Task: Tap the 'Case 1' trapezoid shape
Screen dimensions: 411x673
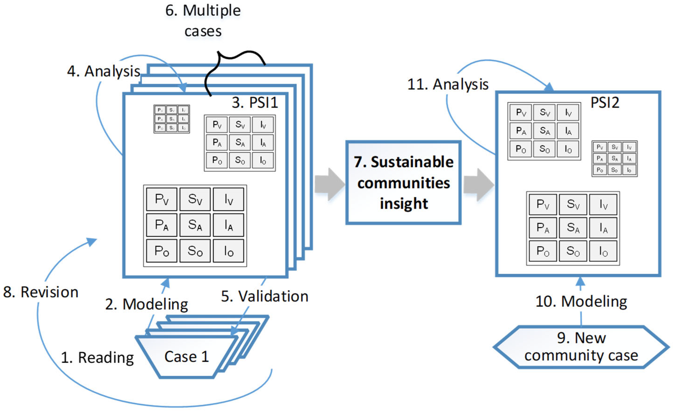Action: coord(187,357)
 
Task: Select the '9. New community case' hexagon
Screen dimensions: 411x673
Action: coord(581,347)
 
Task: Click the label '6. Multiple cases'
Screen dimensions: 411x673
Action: coord(203,21)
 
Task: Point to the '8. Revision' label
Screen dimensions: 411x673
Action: coord(41,292)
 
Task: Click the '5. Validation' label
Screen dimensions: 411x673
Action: coord(265,296)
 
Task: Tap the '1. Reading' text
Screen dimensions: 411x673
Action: coord(97,357)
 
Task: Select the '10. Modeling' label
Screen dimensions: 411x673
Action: coord(581,302)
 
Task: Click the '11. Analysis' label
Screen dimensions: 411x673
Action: coord(448,84)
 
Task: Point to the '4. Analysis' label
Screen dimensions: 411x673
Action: coord(104,71)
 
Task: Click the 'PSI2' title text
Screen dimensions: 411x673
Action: coord(605,103)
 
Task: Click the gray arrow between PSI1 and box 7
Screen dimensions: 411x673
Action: coord(330,184)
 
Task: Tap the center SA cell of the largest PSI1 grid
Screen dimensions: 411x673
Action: coord(195,225)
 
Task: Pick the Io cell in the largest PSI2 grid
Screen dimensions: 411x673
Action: coord(603,251)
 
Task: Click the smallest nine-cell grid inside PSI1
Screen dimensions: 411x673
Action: coord(172,119)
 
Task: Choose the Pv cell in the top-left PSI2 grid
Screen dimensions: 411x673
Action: coord(521,113)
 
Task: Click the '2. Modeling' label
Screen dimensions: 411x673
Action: coord(147,304)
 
